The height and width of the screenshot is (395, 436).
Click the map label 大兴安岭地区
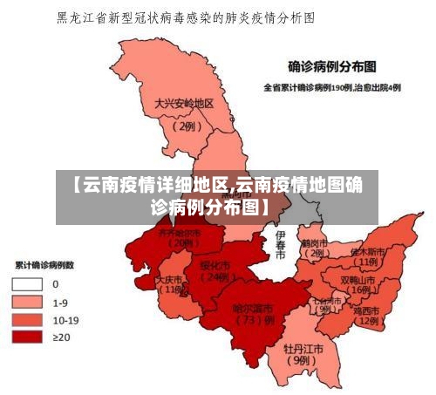click(x=184, y=103)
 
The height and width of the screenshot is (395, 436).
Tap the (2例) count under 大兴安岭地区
click(x=185, y=126)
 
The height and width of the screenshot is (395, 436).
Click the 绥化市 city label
click(x=215, y=264)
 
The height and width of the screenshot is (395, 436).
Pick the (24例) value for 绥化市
click(x=214, y=277)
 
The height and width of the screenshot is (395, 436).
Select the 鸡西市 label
click(x=367, y=310)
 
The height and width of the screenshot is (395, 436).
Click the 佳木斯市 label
click(x=366, y=250)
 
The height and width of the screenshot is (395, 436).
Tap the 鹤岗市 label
click(x=313, y=243)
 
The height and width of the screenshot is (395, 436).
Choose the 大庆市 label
click(x=170, y=280)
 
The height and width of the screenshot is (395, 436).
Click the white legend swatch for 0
click(x=27, y=283)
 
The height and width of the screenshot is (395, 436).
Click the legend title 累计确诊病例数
click(x=43, y=263)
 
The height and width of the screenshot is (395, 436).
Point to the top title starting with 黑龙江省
click(x=185, y=17)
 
